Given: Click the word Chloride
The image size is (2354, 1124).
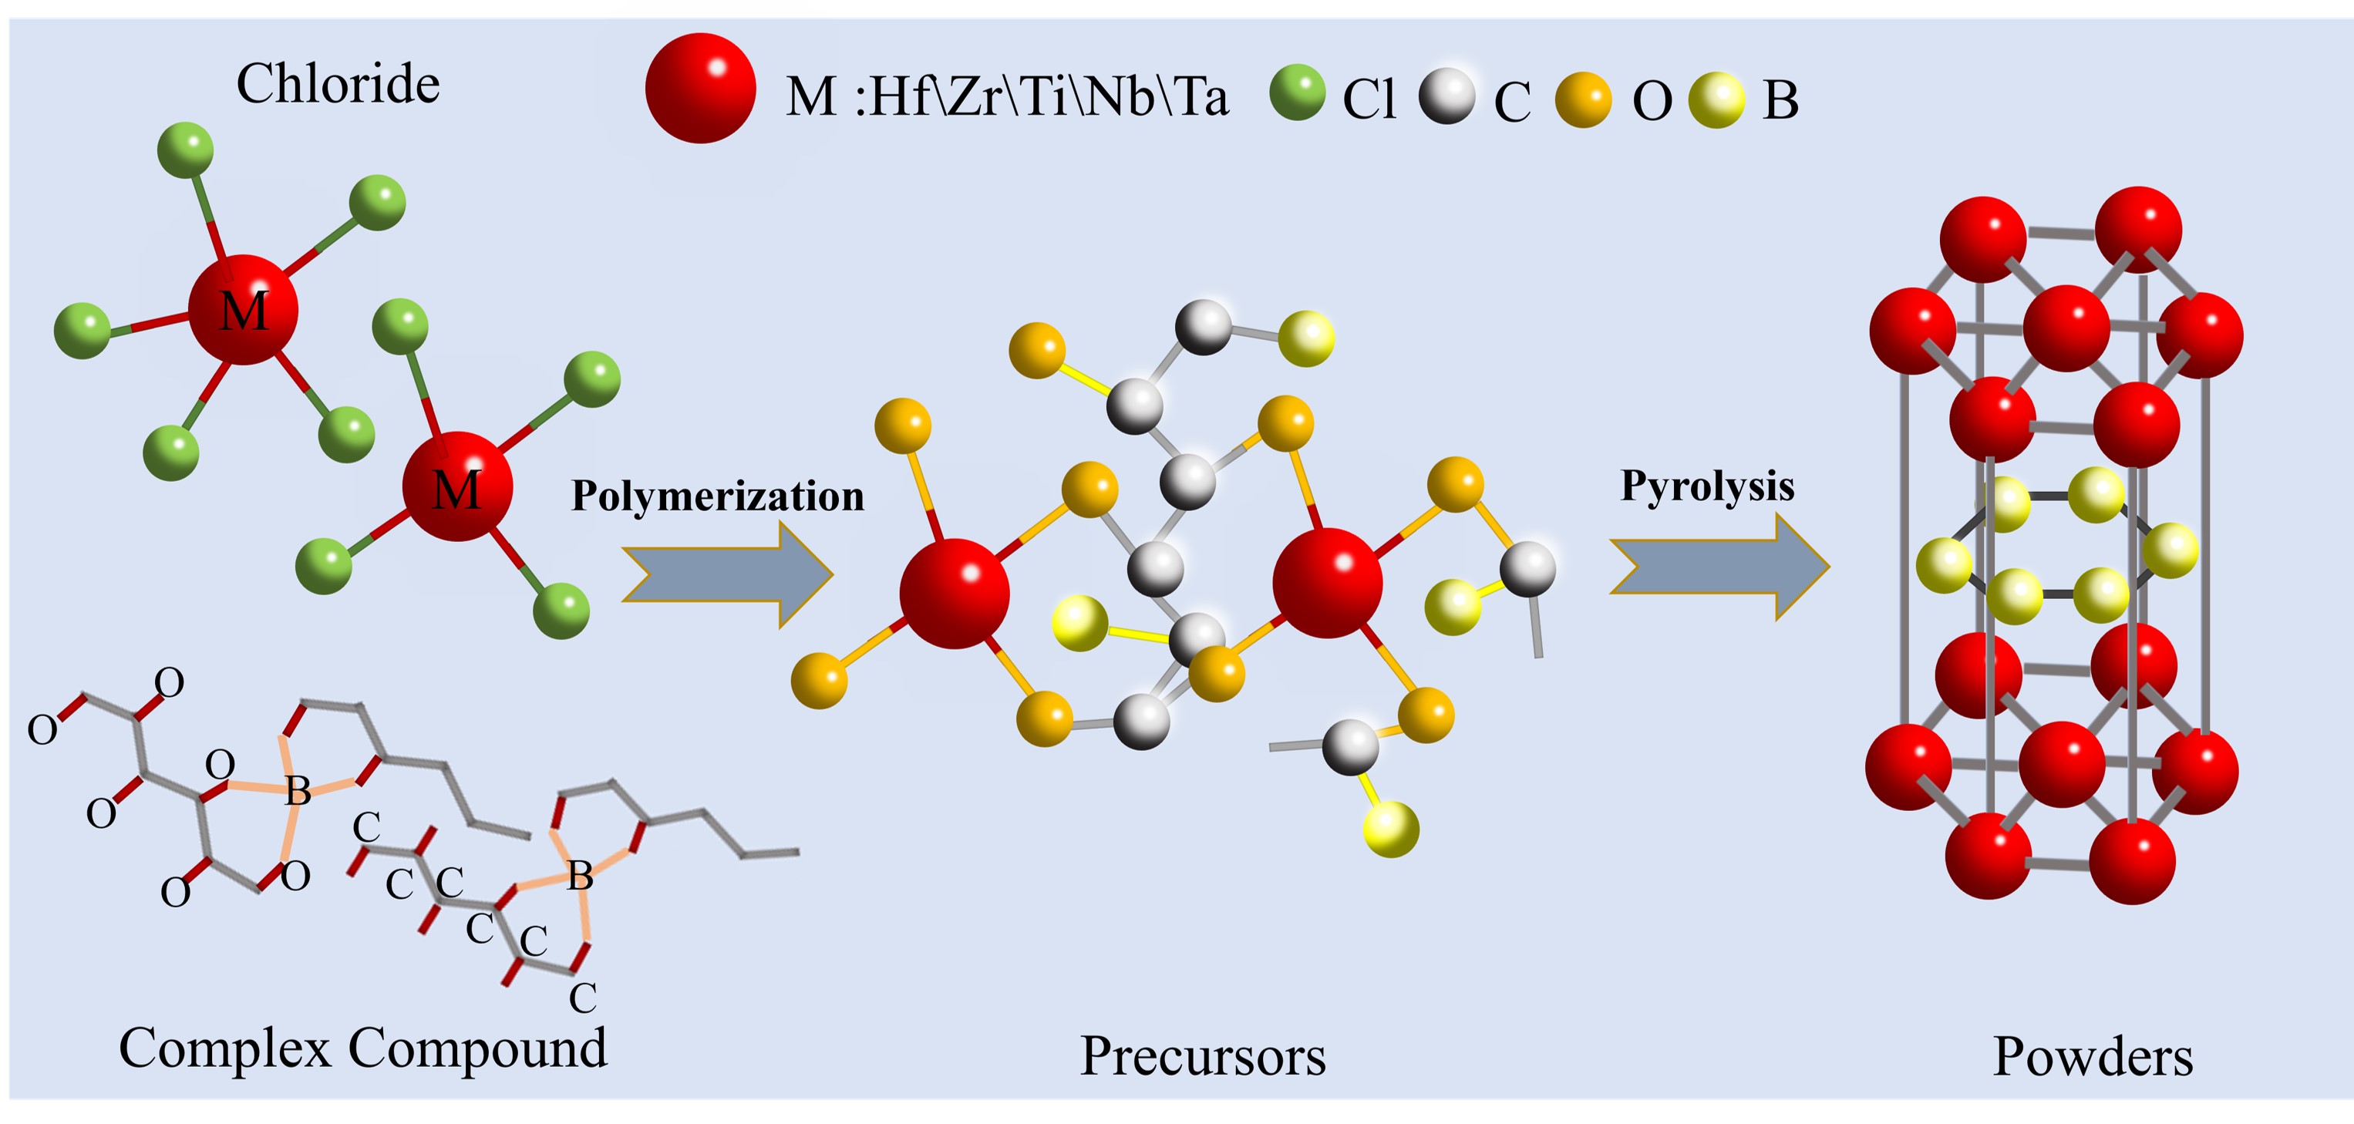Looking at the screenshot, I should coord(338,84).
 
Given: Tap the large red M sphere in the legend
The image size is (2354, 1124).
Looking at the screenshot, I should coord(700,89).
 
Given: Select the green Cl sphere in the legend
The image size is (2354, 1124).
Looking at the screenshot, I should coord(1298,93).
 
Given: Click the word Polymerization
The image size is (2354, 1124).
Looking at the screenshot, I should coord(717,496).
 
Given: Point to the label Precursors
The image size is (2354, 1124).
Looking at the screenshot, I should coord(1203,1056).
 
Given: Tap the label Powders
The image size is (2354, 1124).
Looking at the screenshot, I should coord(2092,1057).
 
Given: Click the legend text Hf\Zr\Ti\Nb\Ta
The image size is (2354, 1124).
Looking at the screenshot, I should coord(1049,97).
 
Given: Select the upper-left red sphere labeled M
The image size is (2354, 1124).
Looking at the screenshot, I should coord(243,310).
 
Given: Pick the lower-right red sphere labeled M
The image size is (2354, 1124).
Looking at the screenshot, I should coord(457,487).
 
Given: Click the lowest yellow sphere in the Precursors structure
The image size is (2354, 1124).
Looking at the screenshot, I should coord(1391,829).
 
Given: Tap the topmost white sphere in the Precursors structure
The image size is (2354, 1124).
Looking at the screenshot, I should coord(1203,326).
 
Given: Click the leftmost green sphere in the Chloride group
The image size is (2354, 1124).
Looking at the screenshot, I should coord(83,331).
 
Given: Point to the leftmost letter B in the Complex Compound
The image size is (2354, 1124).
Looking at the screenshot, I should coord(298,790).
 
